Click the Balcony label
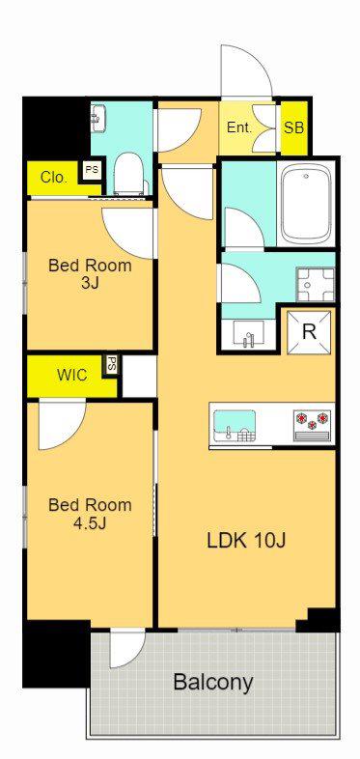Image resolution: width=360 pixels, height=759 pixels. point(213,683)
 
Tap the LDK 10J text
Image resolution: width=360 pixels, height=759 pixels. point(246,541)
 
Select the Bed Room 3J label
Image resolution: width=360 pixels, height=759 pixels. point(90,273)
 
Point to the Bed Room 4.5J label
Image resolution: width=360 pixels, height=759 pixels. point(90,513)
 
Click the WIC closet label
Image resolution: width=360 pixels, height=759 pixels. point(72,375)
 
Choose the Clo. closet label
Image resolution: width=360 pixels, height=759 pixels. point(54,178)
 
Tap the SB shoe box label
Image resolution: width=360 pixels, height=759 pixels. point(293,127)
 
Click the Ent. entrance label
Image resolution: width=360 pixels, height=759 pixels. point(239,127)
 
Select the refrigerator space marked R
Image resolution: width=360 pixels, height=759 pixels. point(309,332)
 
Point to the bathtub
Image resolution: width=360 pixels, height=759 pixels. point(305,204)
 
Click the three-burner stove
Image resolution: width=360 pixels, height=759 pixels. point(312,425)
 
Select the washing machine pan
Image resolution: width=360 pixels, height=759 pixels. point(316,285)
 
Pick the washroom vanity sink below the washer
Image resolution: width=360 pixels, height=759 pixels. point(248,333)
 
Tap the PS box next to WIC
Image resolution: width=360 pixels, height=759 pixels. point(112,365)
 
